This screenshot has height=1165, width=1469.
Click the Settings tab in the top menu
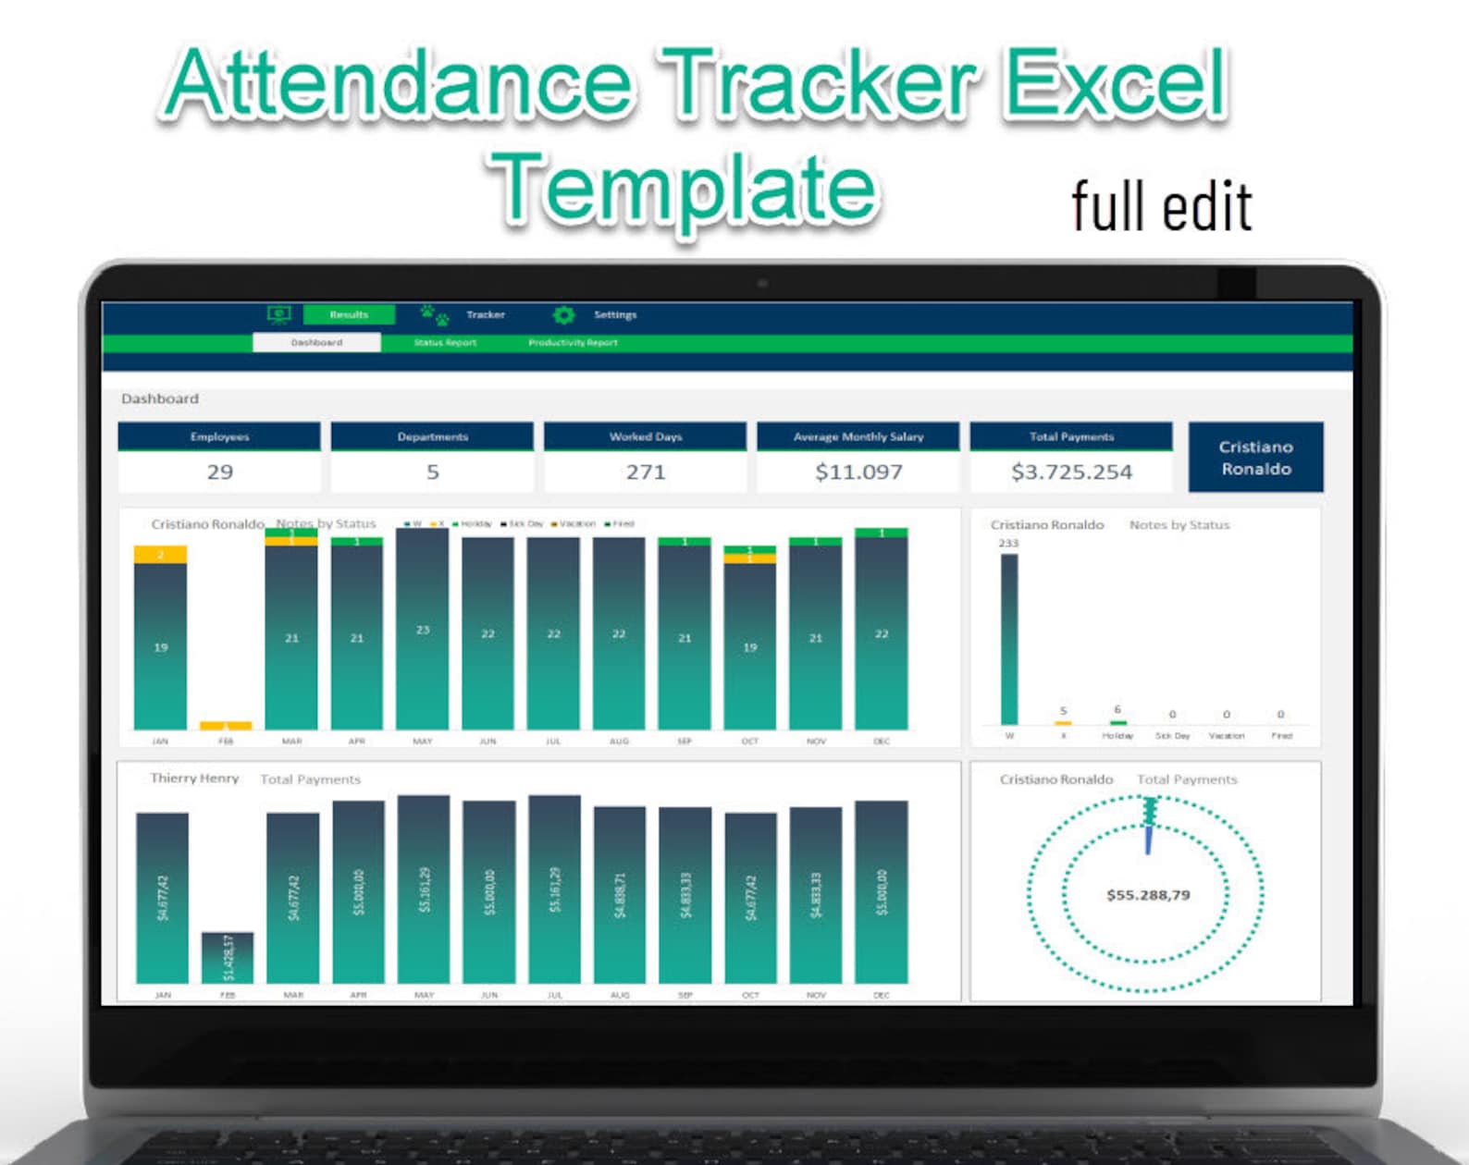click(x=614, y=315)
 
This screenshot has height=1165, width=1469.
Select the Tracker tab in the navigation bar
click(x=485, y=315)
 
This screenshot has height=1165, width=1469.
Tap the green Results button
click(x=349, y=315)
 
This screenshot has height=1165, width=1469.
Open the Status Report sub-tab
click(x=445, y=343)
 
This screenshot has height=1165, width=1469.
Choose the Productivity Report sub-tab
click(x=573, y=343)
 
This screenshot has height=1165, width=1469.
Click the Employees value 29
click(x=219, y=472)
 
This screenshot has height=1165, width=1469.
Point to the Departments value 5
click(x=432, y=472)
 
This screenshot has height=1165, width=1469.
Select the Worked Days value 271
click(x=646, y=472)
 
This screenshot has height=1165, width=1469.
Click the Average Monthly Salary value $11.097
click(x=858, y=472)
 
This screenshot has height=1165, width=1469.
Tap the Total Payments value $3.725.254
click(x=1071, y=472)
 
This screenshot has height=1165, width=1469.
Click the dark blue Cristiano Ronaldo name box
click(x=1255, y=458)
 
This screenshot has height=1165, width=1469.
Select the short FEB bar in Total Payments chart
click(x=228, y=958)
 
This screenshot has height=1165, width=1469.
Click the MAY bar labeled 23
click(x=423, y=629)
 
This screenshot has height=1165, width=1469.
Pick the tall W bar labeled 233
click(x=1009, y=638)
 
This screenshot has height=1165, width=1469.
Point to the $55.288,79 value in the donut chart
click(x=1148, y=895)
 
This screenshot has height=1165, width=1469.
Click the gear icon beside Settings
click(x=563, y=315)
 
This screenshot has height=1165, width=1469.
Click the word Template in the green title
click(x=684, y=190)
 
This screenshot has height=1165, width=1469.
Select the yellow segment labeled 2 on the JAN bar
click(x=160, y=555)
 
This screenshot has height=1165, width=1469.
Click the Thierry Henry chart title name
click(x=194, y=779)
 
